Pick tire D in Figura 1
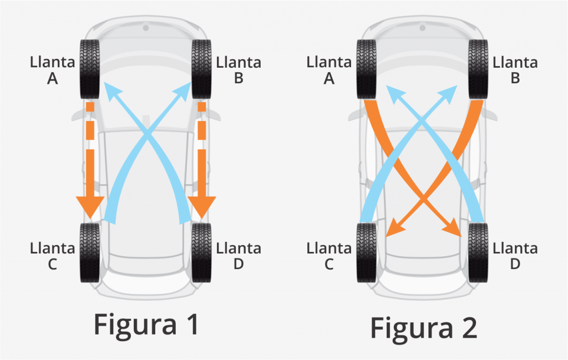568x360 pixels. point(201,252)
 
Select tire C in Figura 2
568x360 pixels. point(367,252)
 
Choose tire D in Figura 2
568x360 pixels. point(478,252)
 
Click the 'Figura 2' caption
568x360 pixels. point(424,328)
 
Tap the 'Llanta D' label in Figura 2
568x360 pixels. point(515,256)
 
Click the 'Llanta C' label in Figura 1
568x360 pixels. point(52,256)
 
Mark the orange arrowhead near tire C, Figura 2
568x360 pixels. point(393,228)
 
